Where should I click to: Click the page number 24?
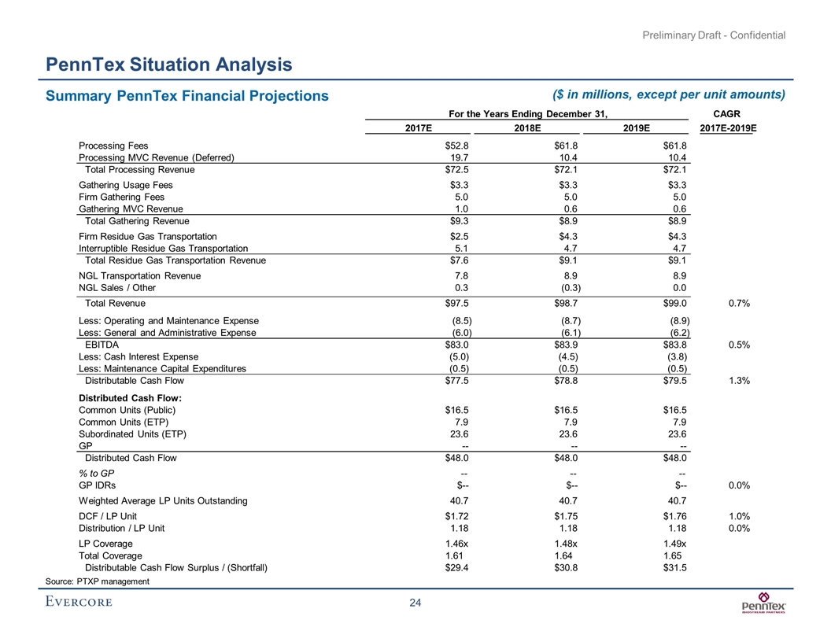(x=415, y=603)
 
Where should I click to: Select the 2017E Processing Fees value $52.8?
(x=456, y=146)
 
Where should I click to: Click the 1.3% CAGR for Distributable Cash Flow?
(x=738, y=381)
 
